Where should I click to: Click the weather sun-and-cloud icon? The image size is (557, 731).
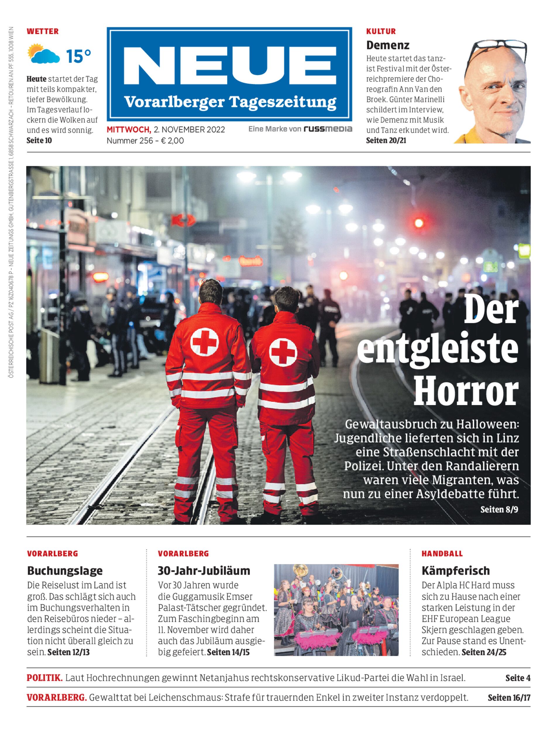(43, 54)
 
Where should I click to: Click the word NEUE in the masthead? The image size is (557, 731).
(229, 66)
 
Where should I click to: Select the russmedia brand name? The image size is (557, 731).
(328, 129)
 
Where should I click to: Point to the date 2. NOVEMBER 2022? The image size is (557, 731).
(189, 130)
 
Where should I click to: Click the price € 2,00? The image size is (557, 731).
(172, 141)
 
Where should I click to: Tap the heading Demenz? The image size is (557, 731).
(388, 45)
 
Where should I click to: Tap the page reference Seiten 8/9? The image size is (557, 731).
(499, 509)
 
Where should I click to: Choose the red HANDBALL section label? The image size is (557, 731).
(442, 554)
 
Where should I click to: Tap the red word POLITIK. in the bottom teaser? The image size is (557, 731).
(44, 678)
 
